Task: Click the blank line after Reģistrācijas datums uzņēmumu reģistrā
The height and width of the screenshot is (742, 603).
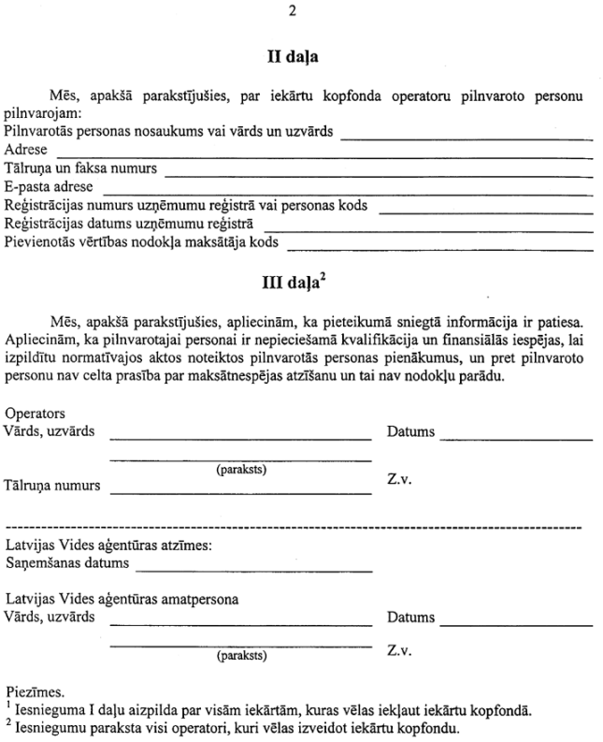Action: point(430,230)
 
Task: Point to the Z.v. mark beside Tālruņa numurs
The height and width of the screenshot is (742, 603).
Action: point(400,479)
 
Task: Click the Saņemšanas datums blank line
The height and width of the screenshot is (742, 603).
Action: point(252,570)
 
